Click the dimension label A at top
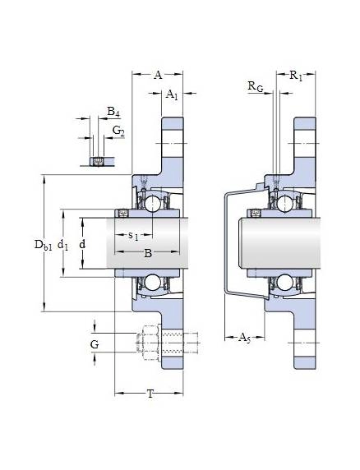point(158,75)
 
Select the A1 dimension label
point(172,94)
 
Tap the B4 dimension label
point(113,112)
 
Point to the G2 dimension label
point(118,131)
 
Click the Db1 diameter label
point(44,245)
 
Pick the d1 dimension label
point(62,246)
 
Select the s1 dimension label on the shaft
point(133,236)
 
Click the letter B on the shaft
point(148,253)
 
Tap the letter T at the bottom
point(150,394)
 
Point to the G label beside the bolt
point(95,344)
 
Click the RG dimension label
point(256,86)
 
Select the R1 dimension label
point(296,76)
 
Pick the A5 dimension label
point(244,338)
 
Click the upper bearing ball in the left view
point(153,204)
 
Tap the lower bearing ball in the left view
point(153,283)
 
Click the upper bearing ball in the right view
point(284,204)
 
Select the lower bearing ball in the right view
point(284,283)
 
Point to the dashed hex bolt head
point(148,343)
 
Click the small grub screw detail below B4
point(97,162)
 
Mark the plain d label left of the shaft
point(82,244)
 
